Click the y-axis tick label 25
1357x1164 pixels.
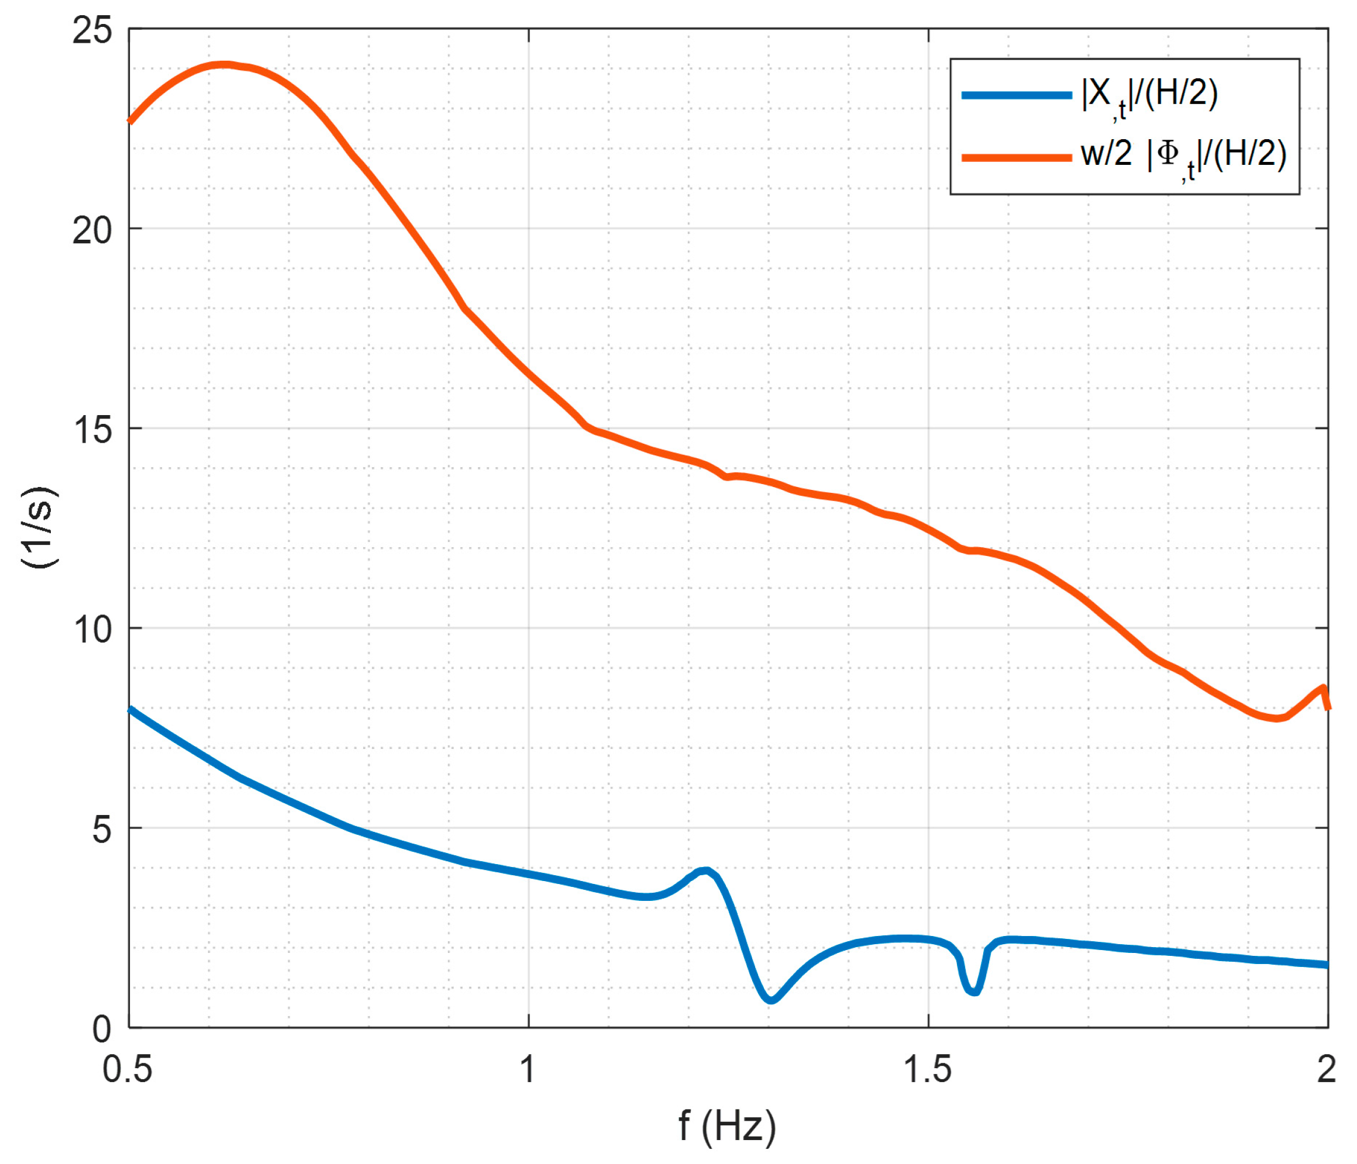(x=92, y=31)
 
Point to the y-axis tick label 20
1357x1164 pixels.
(x=92, y=230)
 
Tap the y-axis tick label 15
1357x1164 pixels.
(x=92, y=430)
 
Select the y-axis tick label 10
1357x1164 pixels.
(x=92, y=630)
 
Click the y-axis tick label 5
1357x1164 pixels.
(x=102, y=830)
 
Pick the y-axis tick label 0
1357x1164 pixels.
(x=102, y=1029)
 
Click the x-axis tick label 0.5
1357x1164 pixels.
(x=127, y=1070)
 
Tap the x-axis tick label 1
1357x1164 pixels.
(x=528, y=1070)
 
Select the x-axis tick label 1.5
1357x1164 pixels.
(x=927, y=1070)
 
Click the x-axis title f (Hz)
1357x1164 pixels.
(x=727, y=1127)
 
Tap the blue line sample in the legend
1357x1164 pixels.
(x=1016, y=95)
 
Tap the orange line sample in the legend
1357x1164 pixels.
(x=1016, y=157)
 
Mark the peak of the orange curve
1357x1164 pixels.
(x=224, y=65)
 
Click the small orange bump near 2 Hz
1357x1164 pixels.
(x=1322, y=688)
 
